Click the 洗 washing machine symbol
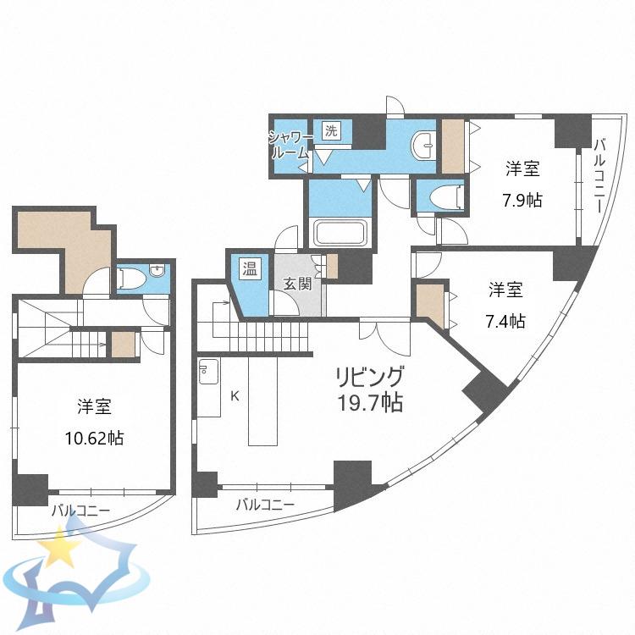[x=331, y=130]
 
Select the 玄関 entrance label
[x=298, y=284]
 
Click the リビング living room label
[x=370, y=377]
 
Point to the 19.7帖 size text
[x=370, y=402]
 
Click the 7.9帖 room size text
[x=522, y=200]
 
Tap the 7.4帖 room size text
[x=505, y=321]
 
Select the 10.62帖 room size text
[x=94, y=439]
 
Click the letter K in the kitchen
[x=235, y=396]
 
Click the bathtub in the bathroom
[x=341, y=233]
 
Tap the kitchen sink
[x=208, y=372]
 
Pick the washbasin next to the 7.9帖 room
[x=423, y=146]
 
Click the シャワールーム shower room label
[x=290, y=146]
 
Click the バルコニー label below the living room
[x=266, y=505]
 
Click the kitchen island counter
[x=262, y=401]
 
